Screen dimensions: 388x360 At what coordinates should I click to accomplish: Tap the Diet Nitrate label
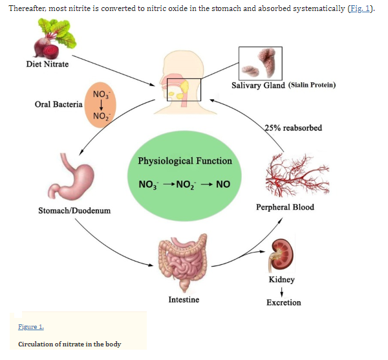tap(47, 64)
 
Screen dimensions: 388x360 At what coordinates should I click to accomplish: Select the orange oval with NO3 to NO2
tap(100, 105)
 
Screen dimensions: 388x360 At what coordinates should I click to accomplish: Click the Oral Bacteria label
tap(59, 104)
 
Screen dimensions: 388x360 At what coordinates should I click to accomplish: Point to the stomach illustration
tap(70, 176)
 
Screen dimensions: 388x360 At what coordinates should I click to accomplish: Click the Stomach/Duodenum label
tap(74, 210)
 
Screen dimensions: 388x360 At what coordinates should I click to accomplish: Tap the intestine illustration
tap(183, 263)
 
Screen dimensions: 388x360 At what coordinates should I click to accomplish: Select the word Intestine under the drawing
tap(184, 300)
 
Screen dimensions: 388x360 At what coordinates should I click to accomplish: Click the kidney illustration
tap(281, 255)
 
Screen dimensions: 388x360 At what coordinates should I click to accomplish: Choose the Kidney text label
tap(282, 280)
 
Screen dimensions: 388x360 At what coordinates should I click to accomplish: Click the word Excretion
tap(284, 302)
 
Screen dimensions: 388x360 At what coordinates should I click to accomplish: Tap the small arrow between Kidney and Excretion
tap(281, 292)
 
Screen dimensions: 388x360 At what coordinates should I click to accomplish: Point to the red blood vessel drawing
tap(297, 175)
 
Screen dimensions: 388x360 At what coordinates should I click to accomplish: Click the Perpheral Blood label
tap(285, 207)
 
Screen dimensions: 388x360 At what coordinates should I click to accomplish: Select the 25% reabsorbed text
tap(294, 128)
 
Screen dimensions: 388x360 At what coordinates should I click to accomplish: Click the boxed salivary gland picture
tap(261, 63)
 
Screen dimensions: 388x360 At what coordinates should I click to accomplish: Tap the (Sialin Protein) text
tap(312, 85)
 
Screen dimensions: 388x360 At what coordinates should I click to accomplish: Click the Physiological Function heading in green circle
tap(185, 161)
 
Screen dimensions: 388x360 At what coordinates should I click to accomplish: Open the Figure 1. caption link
tap(31, 327)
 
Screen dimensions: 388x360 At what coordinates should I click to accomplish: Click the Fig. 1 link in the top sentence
tap(359, 8)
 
